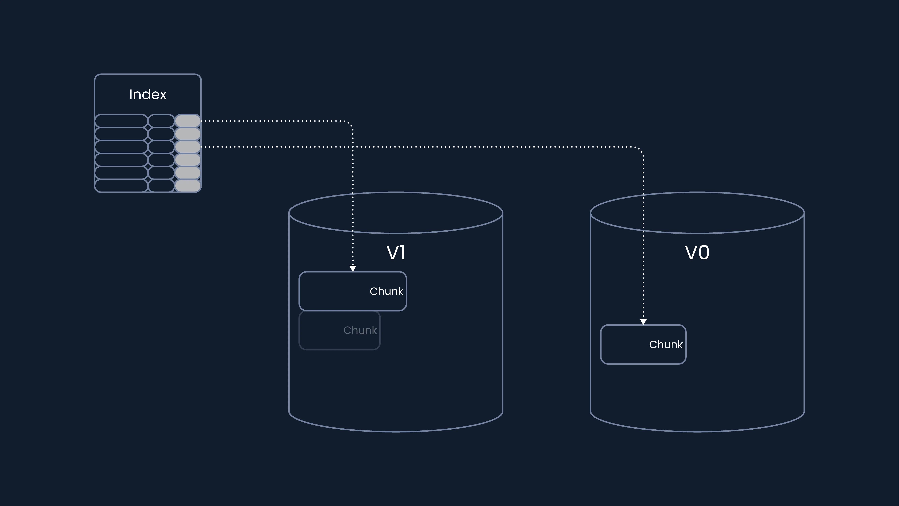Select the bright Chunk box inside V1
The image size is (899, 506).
[352, 291]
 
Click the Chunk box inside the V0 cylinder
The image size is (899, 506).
[643, 344]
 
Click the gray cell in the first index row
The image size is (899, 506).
[188, 121]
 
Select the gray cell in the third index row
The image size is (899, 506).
[188, 147]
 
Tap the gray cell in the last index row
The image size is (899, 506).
[188, 185]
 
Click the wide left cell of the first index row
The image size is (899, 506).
[121, 121]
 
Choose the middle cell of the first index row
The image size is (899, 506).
[161, 121]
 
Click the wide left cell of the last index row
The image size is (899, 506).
[121, 185]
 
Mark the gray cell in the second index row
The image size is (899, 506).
[188, 134]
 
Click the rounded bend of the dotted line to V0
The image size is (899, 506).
[641, 149]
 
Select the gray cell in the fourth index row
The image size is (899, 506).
[188, 160]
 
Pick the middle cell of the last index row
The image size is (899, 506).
[161, 185]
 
